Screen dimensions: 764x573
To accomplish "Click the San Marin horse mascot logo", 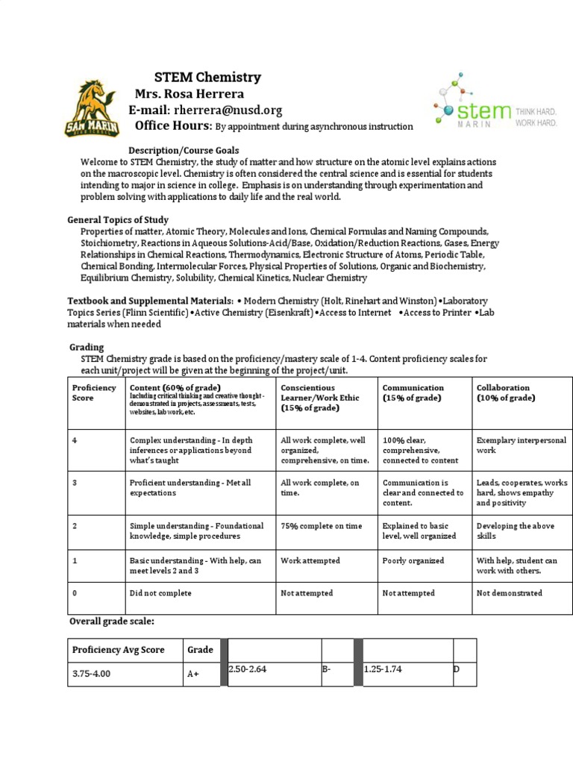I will click(x=90, y=109).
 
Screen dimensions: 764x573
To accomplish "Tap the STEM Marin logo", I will click(x=494, y=105).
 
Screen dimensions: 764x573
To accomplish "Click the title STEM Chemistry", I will click(x=207, y=77).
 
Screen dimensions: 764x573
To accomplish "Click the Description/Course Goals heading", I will click(x=184, y=151).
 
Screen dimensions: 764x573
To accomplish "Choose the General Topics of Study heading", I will click(x=118, y=220).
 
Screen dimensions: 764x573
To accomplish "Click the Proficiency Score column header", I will click(x=94, y=392).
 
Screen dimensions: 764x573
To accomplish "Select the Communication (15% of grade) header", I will click(x=413, y=392).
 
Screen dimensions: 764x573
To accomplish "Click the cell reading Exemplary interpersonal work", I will click(x=521, y=445).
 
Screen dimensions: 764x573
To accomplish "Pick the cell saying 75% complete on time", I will click(x=321, y=526).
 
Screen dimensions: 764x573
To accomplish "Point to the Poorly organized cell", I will click(x=413, y=560).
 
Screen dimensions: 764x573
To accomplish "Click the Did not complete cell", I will click(x=160, y=593).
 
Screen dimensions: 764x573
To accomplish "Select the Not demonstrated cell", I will click(x=509, y=593).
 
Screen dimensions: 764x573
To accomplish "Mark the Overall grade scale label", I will click(x=112, y=621).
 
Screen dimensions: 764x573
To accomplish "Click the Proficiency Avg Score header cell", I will click(x=118, y=650).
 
